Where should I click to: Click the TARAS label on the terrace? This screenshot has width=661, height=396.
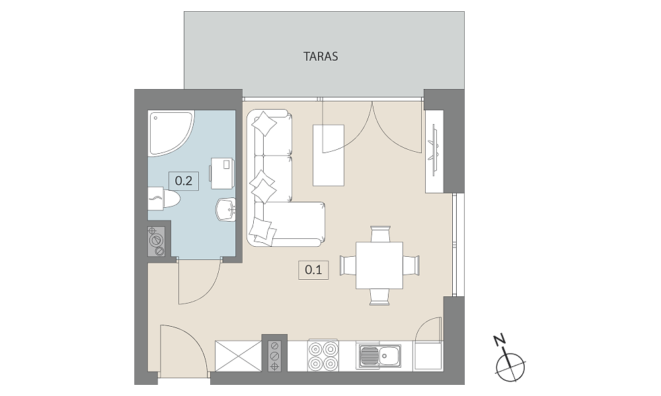pos(321,56)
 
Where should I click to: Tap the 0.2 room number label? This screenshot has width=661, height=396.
pos(183,181)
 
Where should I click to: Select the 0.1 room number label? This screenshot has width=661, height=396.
pos(313,269)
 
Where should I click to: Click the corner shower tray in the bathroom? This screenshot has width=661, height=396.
pos(169,131)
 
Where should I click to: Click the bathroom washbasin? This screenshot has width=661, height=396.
pos(225,209)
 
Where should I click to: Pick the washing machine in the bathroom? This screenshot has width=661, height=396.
pos(223,173)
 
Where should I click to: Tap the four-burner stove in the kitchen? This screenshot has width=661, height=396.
pos(323,356)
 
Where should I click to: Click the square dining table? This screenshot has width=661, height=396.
pos(379,265)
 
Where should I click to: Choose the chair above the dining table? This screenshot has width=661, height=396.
pos(380,233)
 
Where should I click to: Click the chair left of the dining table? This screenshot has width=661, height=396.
pos(348,265)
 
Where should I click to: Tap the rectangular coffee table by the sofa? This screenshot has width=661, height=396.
pos(329,155)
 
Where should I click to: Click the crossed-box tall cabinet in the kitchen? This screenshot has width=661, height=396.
pos(238,356)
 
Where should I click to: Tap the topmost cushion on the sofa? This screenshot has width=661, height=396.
pos(264,123)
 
